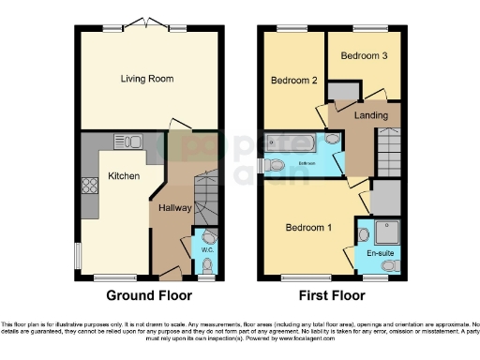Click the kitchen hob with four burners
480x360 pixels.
pos(91,186)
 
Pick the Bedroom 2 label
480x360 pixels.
pos(293,82)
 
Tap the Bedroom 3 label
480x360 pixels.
pos(363,56)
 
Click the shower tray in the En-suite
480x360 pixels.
pos(387,230)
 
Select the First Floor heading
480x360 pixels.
pos(332,294)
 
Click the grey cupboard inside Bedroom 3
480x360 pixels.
pos(345,90)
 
